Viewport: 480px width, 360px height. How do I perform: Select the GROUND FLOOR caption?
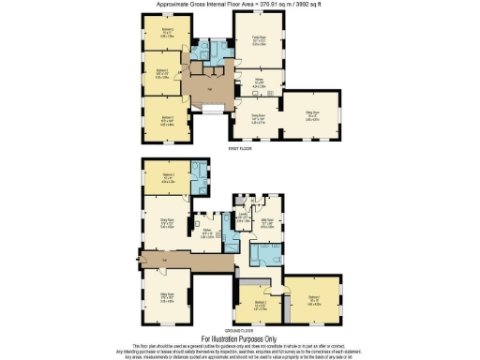(241, 329)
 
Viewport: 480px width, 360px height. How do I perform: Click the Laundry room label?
(242, 217)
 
